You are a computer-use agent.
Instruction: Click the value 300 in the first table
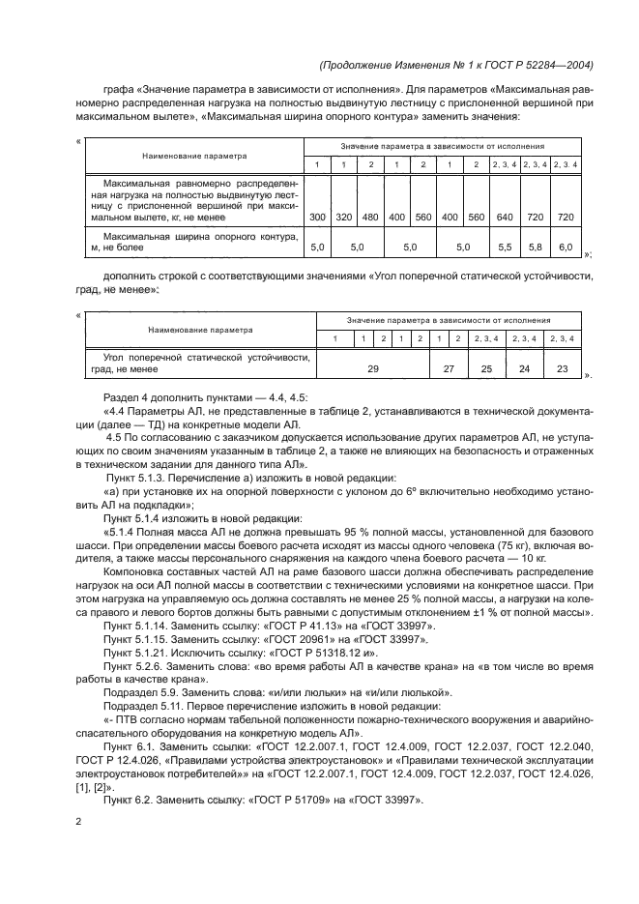(x=317, y=218)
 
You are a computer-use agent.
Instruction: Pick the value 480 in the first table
(x=369, y=218)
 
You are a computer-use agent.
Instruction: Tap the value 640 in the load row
(x=504, y=218)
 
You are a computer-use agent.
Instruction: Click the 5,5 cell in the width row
(x=504, y=248)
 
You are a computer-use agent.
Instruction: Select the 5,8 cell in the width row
(x=535, y=248)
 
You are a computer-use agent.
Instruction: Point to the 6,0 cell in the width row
(x=566, y=248)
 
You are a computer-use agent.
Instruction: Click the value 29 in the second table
(x=372, y=368)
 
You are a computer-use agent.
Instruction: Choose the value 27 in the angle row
(x=449, y=368)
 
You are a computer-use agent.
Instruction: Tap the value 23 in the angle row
(x=561, y=368)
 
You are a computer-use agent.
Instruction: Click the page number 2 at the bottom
(x=78, y=822)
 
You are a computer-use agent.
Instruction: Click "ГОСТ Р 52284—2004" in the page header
(x=537, y=66)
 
